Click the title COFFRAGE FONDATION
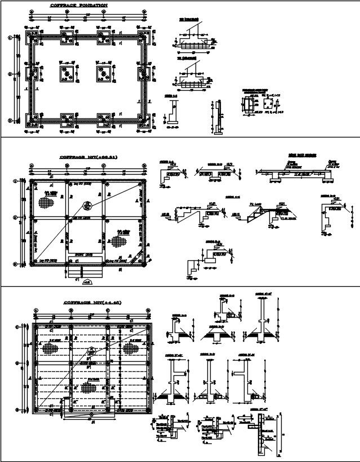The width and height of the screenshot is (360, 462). click(x=78, y=5)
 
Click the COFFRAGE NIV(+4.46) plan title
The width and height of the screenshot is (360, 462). click(x=92, y=303)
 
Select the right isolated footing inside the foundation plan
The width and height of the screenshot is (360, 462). click(x=103, y=73)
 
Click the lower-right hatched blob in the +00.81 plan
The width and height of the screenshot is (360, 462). click(x=118, y=241)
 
